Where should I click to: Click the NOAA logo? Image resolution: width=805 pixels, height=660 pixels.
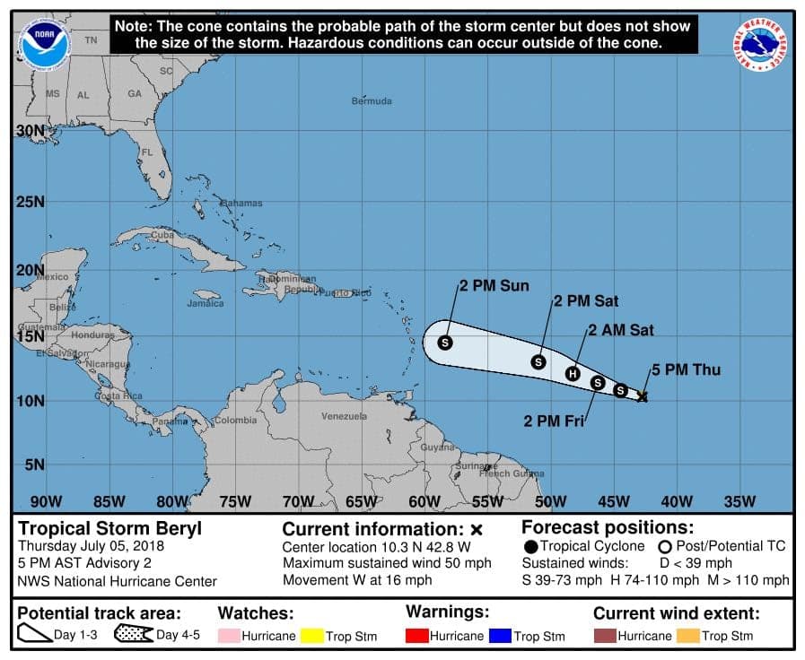tap(46, 44)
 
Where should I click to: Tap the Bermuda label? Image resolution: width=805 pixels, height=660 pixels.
tap(372, 101)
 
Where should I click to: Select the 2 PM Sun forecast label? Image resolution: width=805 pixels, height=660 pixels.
tap(494, 286)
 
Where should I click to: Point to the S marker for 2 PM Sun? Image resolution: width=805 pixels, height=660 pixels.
tap(445, 342)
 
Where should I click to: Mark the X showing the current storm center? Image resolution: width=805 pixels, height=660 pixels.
tap(643, 395)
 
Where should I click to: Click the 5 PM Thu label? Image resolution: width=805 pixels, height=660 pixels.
tap(686, 369)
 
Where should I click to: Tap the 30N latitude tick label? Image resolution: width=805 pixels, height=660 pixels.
tap(30, 130)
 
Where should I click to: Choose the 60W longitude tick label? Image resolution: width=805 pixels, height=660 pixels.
tap(424, 501)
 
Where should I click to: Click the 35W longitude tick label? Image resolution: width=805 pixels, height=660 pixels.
tap(740, 501)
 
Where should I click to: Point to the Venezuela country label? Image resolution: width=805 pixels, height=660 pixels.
tap(345, 417)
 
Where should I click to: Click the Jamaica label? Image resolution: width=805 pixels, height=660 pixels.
tap(206, 304)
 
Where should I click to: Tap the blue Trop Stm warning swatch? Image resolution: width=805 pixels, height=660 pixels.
tap(499, 636)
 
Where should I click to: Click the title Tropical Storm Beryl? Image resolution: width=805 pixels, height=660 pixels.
tap(110, 528)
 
